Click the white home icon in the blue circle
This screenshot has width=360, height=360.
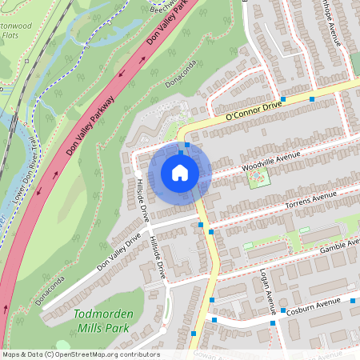(179, 172)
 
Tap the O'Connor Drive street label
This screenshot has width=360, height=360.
(254, 111)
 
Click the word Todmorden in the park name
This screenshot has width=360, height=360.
(102, 314)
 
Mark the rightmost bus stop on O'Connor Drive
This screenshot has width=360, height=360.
(312, 98)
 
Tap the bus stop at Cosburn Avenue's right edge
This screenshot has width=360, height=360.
(352, 300)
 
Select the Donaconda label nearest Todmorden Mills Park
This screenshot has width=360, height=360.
(51, 293)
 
